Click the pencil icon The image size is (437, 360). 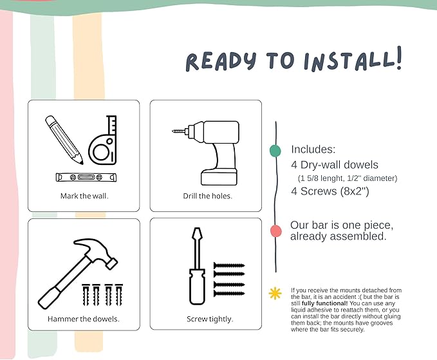point(64,140)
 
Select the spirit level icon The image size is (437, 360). point(86,177)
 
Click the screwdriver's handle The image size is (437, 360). point(198,287)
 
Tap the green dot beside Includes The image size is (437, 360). point(275,151)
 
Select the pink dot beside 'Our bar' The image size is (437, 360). point(276,231)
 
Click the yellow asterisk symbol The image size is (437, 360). point(275,294)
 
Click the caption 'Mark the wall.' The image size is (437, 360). point(84,196)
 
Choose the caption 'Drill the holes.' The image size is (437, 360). point(208,196)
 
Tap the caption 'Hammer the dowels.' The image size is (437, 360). point(84,319)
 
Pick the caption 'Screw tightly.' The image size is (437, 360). point(210,319)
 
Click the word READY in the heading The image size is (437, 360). point(221,61)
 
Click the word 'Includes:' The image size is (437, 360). point(313,149)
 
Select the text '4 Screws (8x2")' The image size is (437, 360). point(330,191)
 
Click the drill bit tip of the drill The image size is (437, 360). point(172,131)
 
